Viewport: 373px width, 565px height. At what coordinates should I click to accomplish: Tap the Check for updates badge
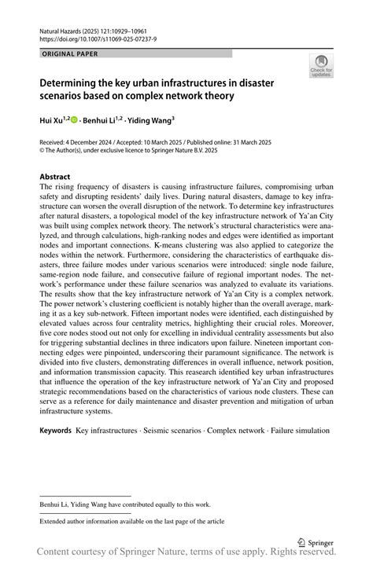320,69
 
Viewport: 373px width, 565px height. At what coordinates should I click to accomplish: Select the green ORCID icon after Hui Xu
76,120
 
